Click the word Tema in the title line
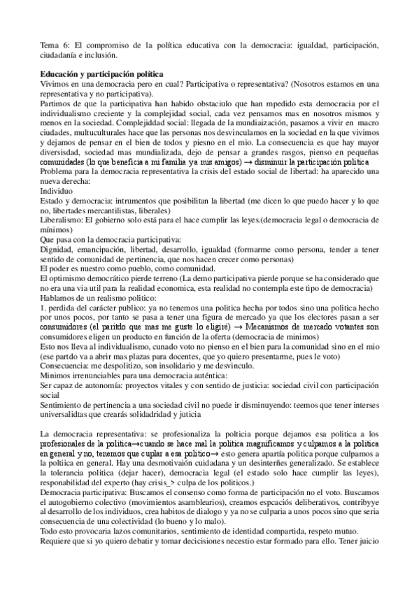pos(49,45)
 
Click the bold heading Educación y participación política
pos(102,73)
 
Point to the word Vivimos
pos(55,83)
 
